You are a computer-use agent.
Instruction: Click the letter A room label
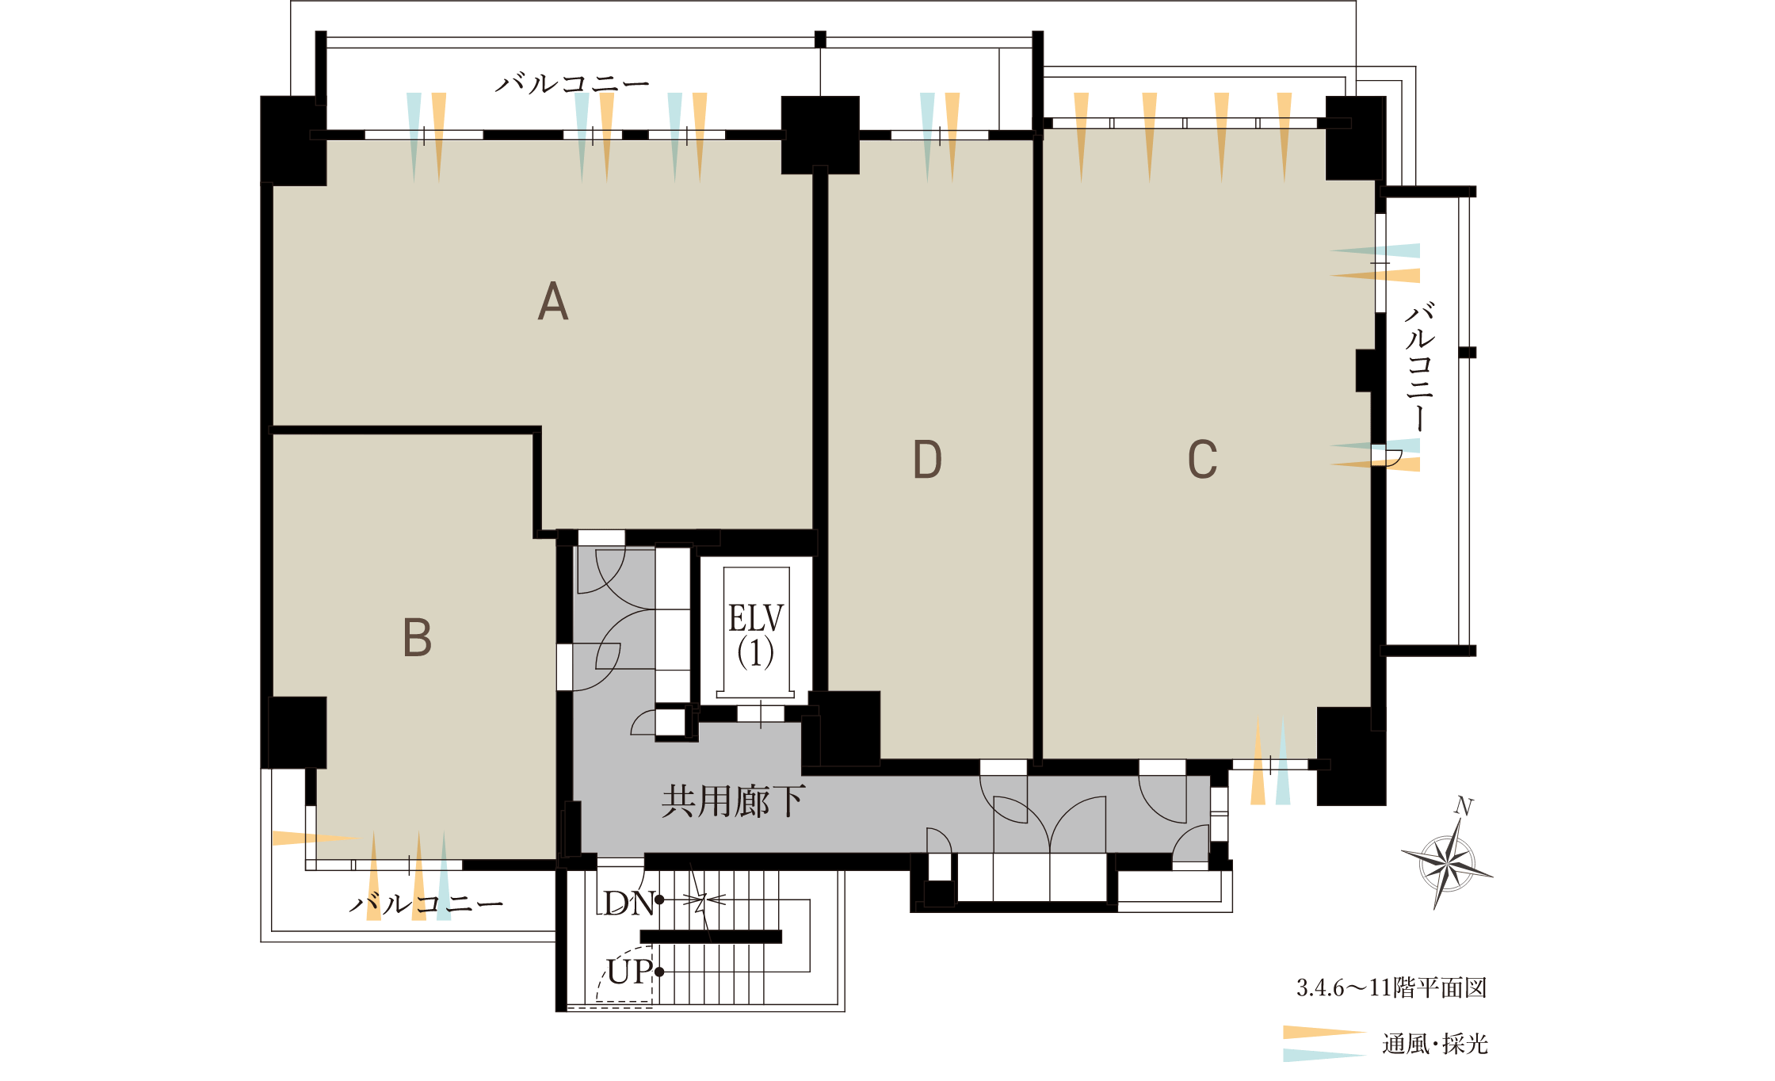point(553,302)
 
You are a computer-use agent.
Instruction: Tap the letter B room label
point(418,637)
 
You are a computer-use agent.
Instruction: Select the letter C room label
point(1202,459)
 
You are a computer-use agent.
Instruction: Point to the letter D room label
point(927,459)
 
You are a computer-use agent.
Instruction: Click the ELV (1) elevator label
point(756,635)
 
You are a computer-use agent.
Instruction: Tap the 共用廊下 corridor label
point(733,802)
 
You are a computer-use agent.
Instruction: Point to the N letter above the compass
point(1464,807)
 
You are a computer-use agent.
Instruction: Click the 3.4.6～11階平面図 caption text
point(1391,987)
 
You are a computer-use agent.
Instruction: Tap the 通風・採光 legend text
point(1435,1044)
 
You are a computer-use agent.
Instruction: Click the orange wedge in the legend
point(1325,1033)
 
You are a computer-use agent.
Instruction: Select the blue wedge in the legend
point(1325,1055)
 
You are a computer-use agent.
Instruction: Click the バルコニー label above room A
point(572,82)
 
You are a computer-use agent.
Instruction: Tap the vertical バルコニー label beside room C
point(1420,366)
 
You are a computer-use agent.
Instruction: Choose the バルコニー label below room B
point(426,903)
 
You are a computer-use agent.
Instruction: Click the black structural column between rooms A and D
point(820,135)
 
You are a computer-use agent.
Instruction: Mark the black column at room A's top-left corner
point(293,141)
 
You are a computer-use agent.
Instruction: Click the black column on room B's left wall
point(297,732)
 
